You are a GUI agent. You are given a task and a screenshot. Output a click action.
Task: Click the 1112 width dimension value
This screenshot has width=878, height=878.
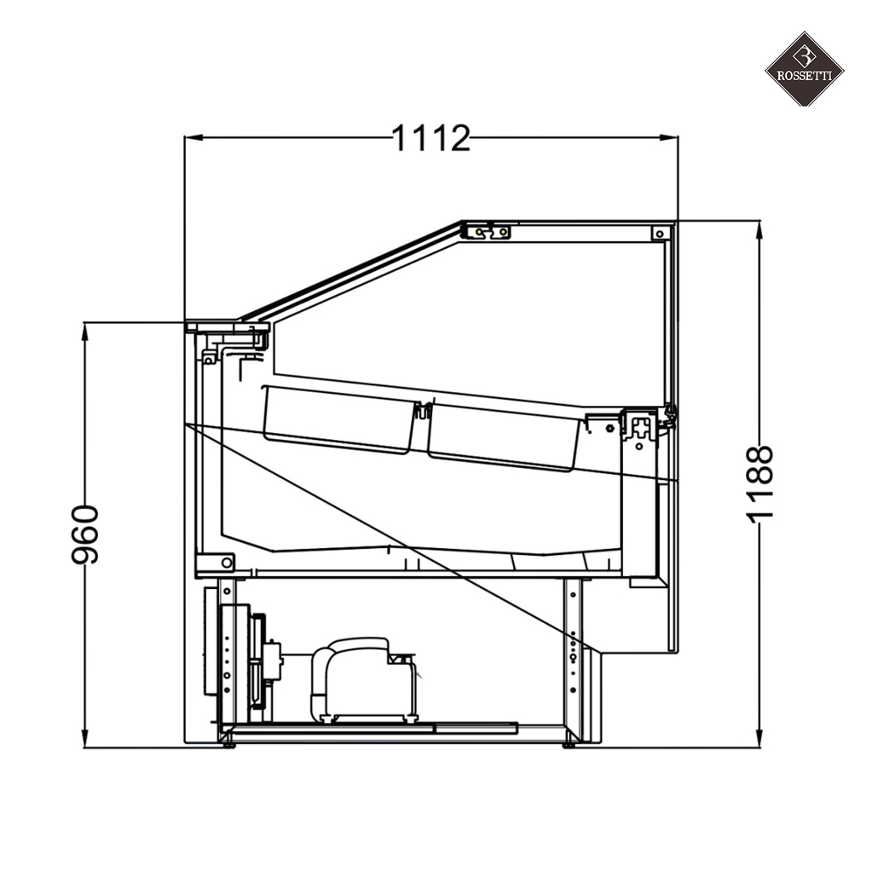(430, 138)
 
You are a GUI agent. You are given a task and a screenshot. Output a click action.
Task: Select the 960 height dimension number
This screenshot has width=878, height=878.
(85, 534)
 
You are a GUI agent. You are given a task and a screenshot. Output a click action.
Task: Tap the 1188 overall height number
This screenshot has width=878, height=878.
(759, 482)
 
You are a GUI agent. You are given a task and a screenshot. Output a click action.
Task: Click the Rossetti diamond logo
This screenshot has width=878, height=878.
(803, 69)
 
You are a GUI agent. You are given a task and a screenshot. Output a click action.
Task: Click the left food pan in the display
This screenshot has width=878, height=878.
(339, 419)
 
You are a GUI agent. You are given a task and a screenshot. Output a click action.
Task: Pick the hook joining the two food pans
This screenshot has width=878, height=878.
(421, 412)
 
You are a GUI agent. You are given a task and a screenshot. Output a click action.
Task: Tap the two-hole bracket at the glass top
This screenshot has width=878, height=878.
(492, 232)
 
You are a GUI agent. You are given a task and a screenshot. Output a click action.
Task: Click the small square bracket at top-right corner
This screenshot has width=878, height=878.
(660, 233)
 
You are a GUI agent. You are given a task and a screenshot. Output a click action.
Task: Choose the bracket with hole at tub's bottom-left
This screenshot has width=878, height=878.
(215, 563)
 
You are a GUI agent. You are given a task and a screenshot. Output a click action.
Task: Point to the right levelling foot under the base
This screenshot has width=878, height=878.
(569, 744)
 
